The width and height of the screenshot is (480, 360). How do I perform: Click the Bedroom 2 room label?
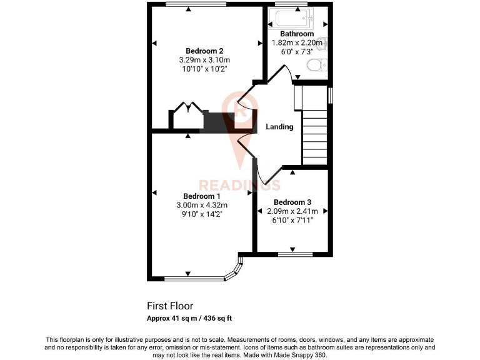[x=204, y=51]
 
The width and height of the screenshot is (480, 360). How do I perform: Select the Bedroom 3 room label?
[x=292, y=202]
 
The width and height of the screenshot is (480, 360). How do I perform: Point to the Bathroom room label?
[x=296, y=34]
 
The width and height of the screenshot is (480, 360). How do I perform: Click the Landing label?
[x=279, y=127]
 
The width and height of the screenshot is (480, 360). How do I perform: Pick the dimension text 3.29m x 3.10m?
[x=204, y=60]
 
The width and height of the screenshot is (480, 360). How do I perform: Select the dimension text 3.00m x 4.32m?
[x=201, y=205]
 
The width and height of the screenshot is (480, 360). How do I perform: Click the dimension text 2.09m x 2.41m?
[x=292, y=211]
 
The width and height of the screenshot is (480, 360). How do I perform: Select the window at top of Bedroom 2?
[x=187, y=5]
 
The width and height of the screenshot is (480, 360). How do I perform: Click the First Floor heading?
[x=170, y=306]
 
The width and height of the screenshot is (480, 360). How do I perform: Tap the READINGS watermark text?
[x=239, y=185]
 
